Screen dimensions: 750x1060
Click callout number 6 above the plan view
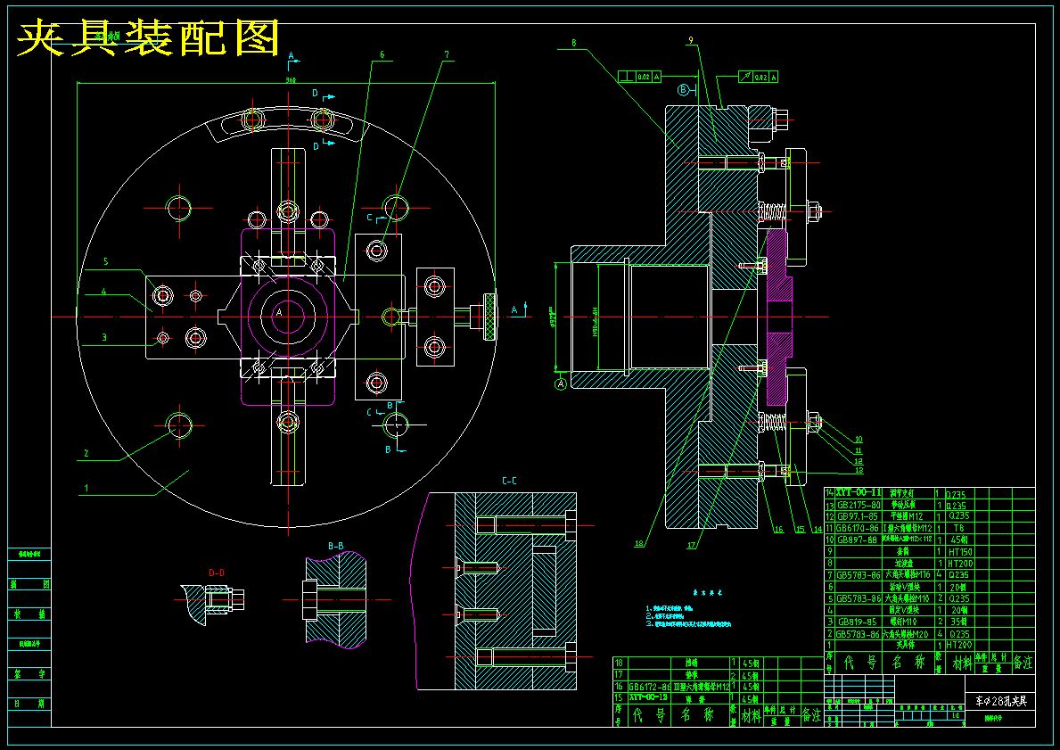pyautogui.click(x=382, y=55)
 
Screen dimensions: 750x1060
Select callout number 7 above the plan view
pyautogui.click(x=446, y=55)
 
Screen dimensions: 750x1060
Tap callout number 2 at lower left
pyautogui.click(x=86, y=453)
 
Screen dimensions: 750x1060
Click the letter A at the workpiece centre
pyautogui.click(x=279, y=313)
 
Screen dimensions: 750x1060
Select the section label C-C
pyautogui.click(x=509, y=481)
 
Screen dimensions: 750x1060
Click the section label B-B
pyautogui.click(x=336, y=545)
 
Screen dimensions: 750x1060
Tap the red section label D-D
pyautogui.click(x=217, y=572)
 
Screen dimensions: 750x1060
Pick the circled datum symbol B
pyautogui.click(x=684, y=89)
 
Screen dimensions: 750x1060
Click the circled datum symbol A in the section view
pyautogui.click(x=562, y=384)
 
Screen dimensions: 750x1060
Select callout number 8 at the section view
pyautogui.click(x=574, y=42)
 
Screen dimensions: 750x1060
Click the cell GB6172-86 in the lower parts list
pyautogui.click(x=646, y=688)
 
